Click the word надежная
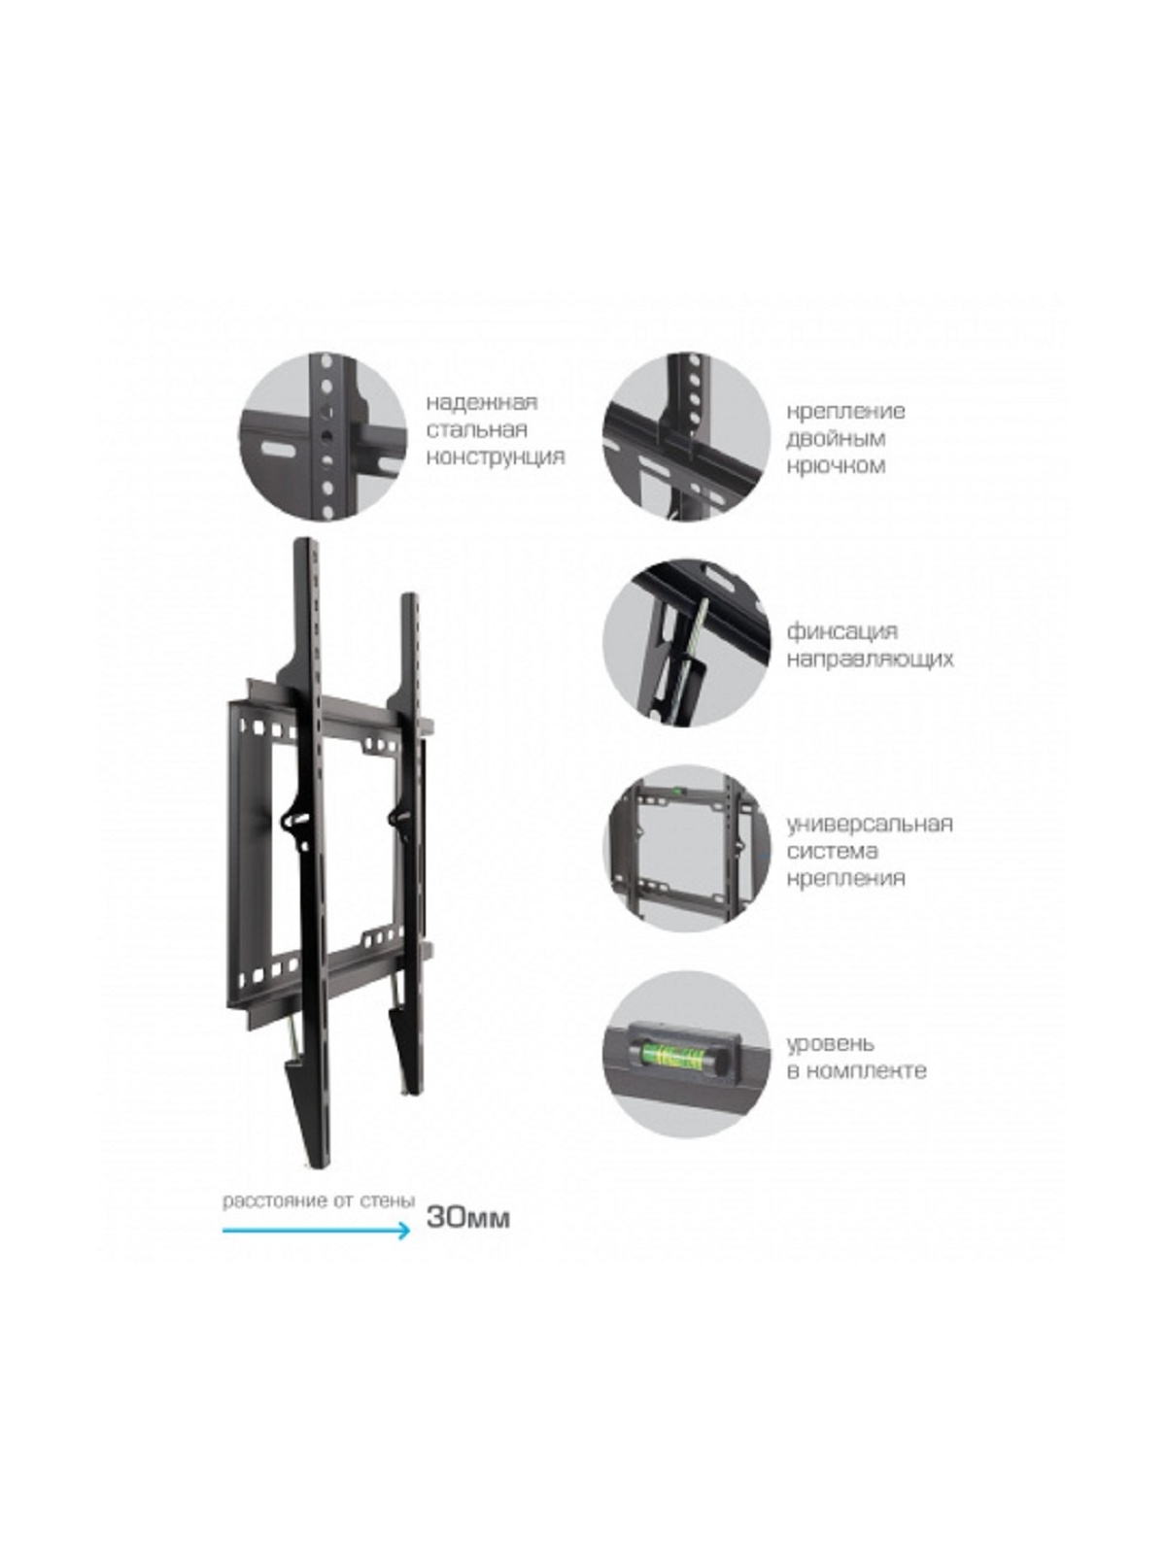pyautogui.click(x=481, y=402)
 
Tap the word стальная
pyautogui.click(x=476, y=429)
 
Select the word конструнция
pyautogui.click(x=496, y=456)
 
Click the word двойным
pyautogui.click(x=836, y=438)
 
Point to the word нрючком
pyautogui.click(x=836, y=465)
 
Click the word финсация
pyautogui.click(x=841, y=631)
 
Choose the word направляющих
pyautogui.click(x=870, y=659)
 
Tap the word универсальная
pyautogui.click(x=870, y=824)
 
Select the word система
pyautogui.click(x=832, y=851)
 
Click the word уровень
pyautogui.click(x=830, y=1043)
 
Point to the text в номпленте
pyautogui.click(x=856, y=1070)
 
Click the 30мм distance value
pyautogui.click(x=467, y=1217)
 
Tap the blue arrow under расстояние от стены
pyautogui.click(x=316, y=1231)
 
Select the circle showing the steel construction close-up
pyautogui.click(x=323, y=437)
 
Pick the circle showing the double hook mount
pyautogui.click(x=685, y=437)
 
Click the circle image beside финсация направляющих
pyautogui.click(x=685, y=641)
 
